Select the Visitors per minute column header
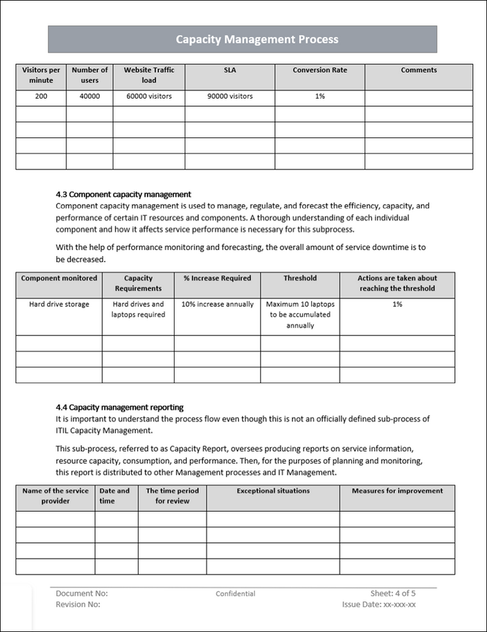click(41, 75)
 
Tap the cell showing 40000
click(89, 97)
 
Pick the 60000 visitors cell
click(149, 97)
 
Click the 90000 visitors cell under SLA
click(230, 97)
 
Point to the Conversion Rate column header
click(320, 70)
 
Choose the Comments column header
click(419, 70)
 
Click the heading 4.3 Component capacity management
click(123, 194)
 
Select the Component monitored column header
click(59, 278)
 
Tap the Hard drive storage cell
click(59, 305)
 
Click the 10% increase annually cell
click(218, 305)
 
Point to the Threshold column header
click(300, 278)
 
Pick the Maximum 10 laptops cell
click(300, 315)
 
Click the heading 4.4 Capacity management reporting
click(120, 408)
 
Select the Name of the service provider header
click(55, 496)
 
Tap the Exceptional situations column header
click(273, 491)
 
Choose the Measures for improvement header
click(397, 491)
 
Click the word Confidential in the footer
click(235, 594)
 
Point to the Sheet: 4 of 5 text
click(393, 593)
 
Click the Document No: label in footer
click(82, 593)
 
